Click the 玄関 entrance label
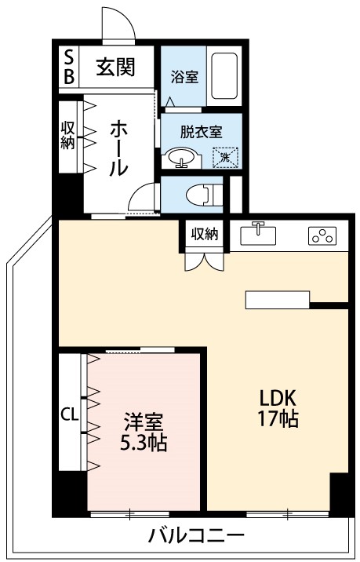pyautogui.click(x=115, y=67)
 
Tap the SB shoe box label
pyautogui.click(x=68, y=67)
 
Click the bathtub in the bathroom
pyautogui.click(x=224, y=76)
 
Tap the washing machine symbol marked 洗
pyautogui.click(x=226, y=157)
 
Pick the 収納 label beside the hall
pyautogui.click(x=68, y=135)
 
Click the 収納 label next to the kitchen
pyautogui.click(x=206, y=234)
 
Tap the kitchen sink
pyautogui.click(x=258, y=233)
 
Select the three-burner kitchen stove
pyautogui.click(x=322, y=234)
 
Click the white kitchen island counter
pyautogui.click(x=278, y=300)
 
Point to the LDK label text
pyautogui.click(x=276, y=396)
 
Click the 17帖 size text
pyautogui.click(x=278, y=418)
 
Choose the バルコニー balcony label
pyautogui.click(x=196, y=537)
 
